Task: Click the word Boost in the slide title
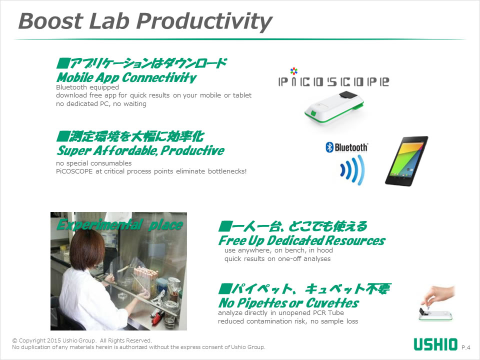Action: (51, 21)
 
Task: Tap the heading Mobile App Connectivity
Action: (126, 78)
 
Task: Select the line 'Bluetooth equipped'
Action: (87, 87)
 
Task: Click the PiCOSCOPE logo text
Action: (333, 81)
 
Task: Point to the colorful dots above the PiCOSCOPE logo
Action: (294, 71)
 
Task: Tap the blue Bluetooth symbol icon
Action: (329, 147)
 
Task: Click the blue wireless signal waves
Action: (352, 170)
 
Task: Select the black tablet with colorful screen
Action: (406, 161)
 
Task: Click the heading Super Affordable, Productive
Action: (140, 150)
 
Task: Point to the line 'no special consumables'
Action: (93, 163)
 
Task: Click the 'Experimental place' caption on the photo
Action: (119, 225)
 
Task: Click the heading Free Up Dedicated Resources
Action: (302, 240)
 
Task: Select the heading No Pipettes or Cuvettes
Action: (288, 303)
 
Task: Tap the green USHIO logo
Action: (435, 344)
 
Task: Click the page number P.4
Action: (466, 347)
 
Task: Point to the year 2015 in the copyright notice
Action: (54, 340)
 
